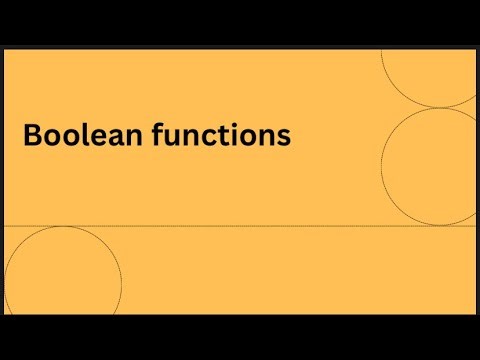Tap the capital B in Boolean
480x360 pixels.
coord(32,135)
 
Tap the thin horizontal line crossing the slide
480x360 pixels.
coord(250,226)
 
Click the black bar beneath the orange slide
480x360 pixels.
coord(240,335)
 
